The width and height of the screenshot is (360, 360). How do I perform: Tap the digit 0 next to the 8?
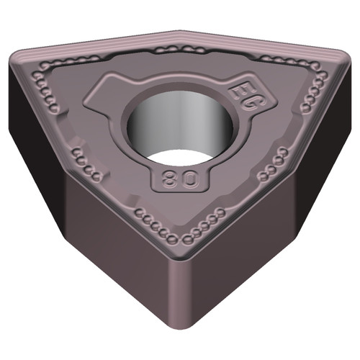click(186, 179)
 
